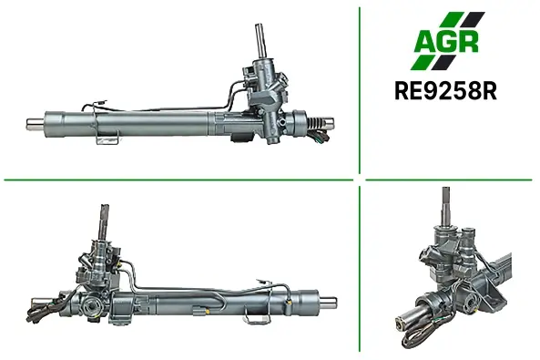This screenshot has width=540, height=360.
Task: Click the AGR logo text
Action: (x=447, y=41)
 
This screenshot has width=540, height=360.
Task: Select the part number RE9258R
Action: (x=445, y=90)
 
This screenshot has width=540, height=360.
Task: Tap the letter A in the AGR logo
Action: (x=424, y=42)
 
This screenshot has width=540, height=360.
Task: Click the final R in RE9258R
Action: (x=489, y=90)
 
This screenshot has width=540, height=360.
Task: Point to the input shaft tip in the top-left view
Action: (x=260, y=26)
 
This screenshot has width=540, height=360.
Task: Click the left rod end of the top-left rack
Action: (x=36, y=124)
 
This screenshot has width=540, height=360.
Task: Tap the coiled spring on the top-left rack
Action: (x=316, y=123)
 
